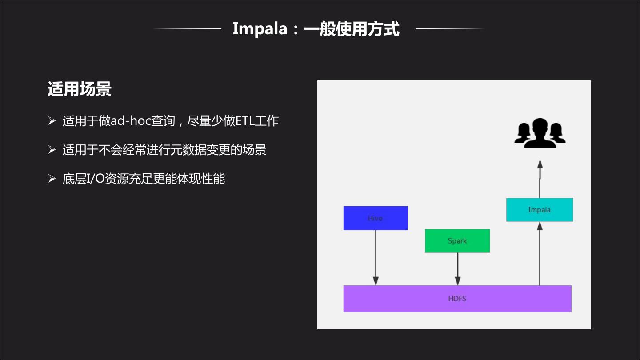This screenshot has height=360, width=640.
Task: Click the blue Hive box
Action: pos(376,218)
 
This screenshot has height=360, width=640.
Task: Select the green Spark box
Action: pos(457,241)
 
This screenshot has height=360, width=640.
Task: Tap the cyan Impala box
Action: pos(540,209)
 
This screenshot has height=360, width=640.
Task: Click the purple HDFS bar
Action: pos(457,299)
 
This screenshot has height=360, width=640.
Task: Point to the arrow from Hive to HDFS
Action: pos(376,258)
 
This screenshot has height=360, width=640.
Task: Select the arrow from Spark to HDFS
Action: pos(457,269)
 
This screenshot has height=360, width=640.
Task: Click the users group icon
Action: pos(540,133)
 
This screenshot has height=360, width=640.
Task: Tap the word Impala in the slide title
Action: pos(260,29)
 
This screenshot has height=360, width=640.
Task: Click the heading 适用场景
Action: pos(80,89)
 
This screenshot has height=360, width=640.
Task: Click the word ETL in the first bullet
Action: pos(244,121)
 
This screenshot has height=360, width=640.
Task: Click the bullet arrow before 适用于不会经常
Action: pos(52,150)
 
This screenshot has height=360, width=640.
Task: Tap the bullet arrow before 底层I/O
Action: pos(52,179)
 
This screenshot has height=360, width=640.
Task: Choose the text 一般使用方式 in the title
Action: pos(352,29)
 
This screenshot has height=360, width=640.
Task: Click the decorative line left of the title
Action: pos(187,29)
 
